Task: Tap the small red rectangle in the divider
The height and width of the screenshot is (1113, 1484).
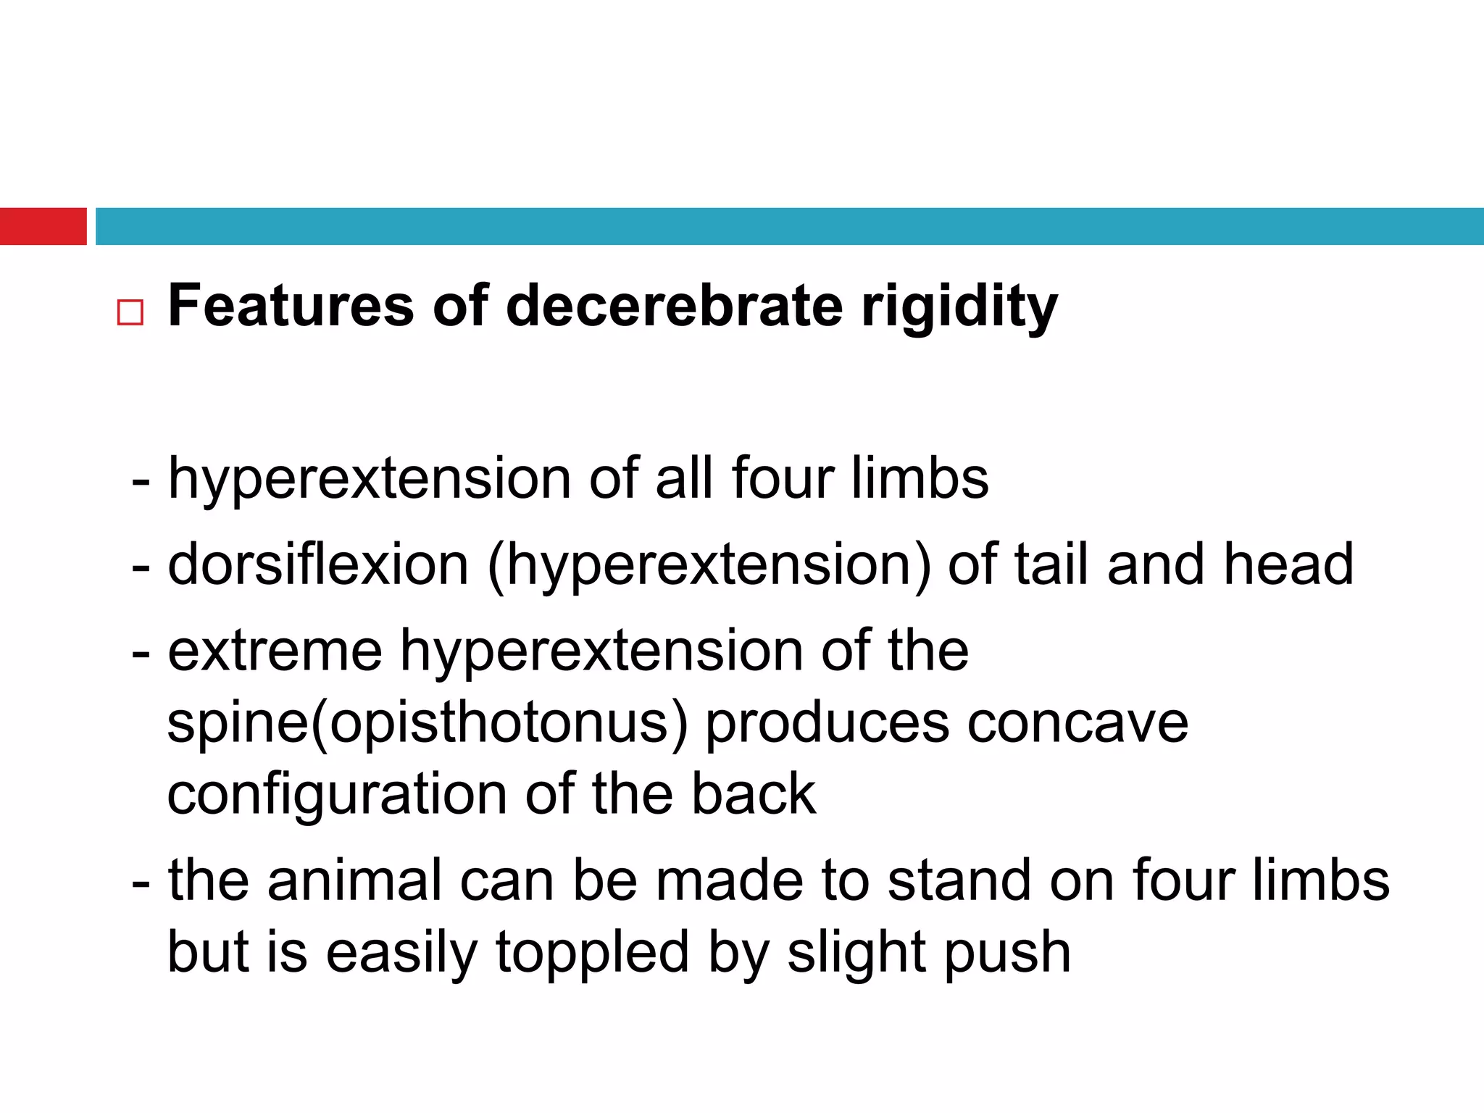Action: pos(43,226)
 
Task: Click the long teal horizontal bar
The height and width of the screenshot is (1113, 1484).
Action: pos(789,226)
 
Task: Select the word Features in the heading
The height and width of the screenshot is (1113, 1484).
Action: pos(291,306)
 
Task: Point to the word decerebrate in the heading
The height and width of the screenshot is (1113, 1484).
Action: pos(674,306)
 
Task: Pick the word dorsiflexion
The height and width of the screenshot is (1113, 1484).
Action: pos(318,564)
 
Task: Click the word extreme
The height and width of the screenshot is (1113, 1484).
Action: pos(275,651)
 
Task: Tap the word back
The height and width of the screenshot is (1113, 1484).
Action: pos(754,794)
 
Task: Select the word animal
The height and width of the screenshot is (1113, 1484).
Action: pos(355,880)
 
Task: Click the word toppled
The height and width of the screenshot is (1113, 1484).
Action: pos(592,953)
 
